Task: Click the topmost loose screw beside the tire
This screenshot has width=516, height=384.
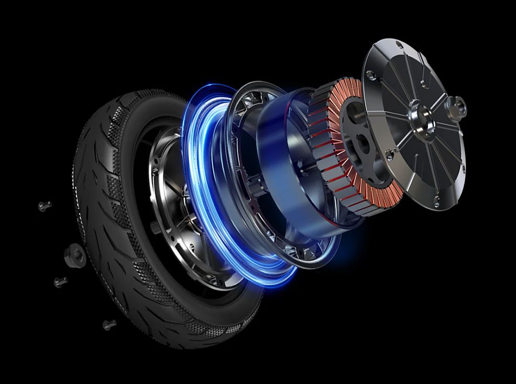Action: [45, 206]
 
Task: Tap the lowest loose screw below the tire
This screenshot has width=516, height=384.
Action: [109, 325]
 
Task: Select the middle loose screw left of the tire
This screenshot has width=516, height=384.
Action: [60, 282]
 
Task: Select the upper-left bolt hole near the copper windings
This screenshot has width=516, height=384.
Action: [370, 74]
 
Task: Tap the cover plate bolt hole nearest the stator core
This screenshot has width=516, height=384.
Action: [388, 153]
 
